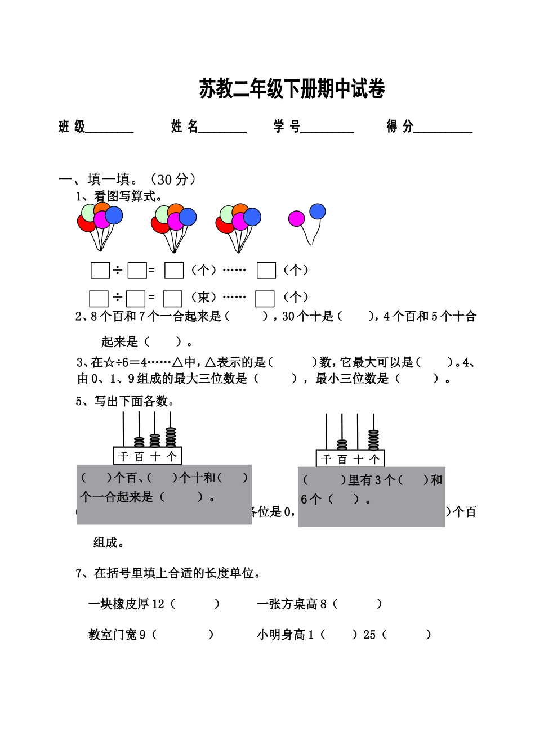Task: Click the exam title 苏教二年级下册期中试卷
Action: (x=292, y=89)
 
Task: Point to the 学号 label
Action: (x=287, y=127)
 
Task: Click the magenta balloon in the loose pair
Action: (x=296, y=218)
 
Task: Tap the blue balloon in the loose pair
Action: (x=318, y=212)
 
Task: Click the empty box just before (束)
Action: (x=172, y=298)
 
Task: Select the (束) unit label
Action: (x=203, y=297)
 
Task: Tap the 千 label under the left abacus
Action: (x=124, y=456)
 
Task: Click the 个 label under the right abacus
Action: (x=374, y=460)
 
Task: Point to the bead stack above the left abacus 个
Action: (x=171, y=437)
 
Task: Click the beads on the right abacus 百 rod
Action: (x=342, y=444)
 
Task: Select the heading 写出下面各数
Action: (x=134, y=401)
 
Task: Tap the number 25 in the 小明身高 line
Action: (x=369, y=635)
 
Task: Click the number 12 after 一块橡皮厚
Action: (x=158, y=604)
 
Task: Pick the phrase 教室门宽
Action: (x=113, y=635)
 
